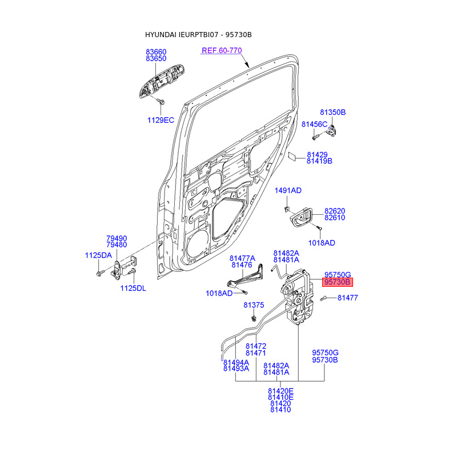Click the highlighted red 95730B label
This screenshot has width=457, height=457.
pyautogui.click(x=337, y=282)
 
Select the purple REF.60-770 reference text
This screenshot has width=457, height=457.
pyautogui.click(x=222, y=50)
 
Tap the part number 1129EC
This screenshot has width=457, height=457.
pyautogui.click(x=161, y=120)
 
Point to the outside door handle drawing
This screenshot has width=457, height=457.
pyautogui.click(x=162, y=81)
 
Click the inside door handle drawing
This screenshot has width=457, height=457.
pyautogui.click(x=301, y=217)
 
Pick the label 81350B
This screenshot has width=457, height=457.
pyautogui.click(x=333, y=112)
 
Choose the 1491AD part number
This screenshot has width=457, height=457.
pyautogui.click(x=288, y=191)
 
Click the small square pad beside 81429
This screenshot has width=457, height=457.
pyautogui.click(x=292, y=156)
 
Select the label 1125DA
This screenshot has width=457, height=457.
pyautogui.click(x=98, y=255)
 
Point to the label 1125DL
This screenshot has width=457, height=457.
pyautogui.click(x=133, y=288)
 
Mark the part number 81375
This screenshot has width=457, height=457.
pyautogui.click(x=254, y=305)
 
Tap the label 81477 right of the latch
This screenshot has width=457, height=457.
pyautogui.click(x=347, y=298)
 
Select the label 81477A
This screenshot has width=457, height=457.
pyautogui.click(x=242, y=258)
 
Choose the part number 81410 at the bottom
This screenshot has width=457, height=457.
pyautogui.click(x=280, y=410)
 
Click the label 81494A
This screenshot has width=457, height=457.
pyautogui.click(x=236, y=362)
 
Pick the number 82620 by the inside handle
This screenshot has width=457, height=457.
pyautogui.click(x=335, y=211)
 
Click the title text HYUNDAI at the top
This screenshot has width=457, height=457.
pyautogui.click(x=161, y=35)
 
